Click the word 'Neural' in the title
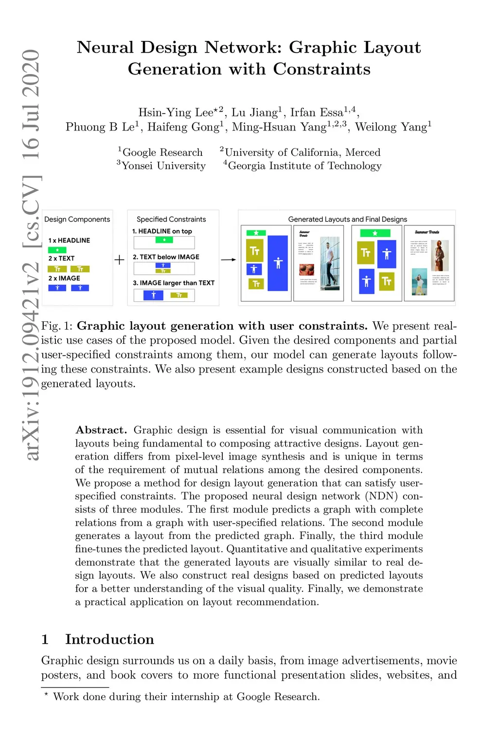105,48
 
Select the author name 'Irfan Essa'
317,113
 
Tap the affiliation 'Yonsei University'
163,166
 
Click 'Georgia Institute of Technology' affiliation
304,166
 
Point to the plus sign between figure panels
119,260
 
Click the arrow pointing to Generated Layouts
228,260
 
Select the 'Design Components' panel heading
77,219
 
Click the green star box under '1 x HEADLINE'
57,250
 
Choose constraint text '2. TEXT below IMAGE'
166,257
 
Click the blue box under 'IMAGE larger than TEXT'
153,295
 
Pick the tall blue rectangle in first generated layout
278,263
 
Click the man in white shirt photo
331,263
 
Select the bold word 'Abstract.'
101,430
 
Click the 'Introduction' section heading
109,639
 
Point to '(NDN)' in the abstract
382,496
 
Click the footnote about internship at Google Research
186,697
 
